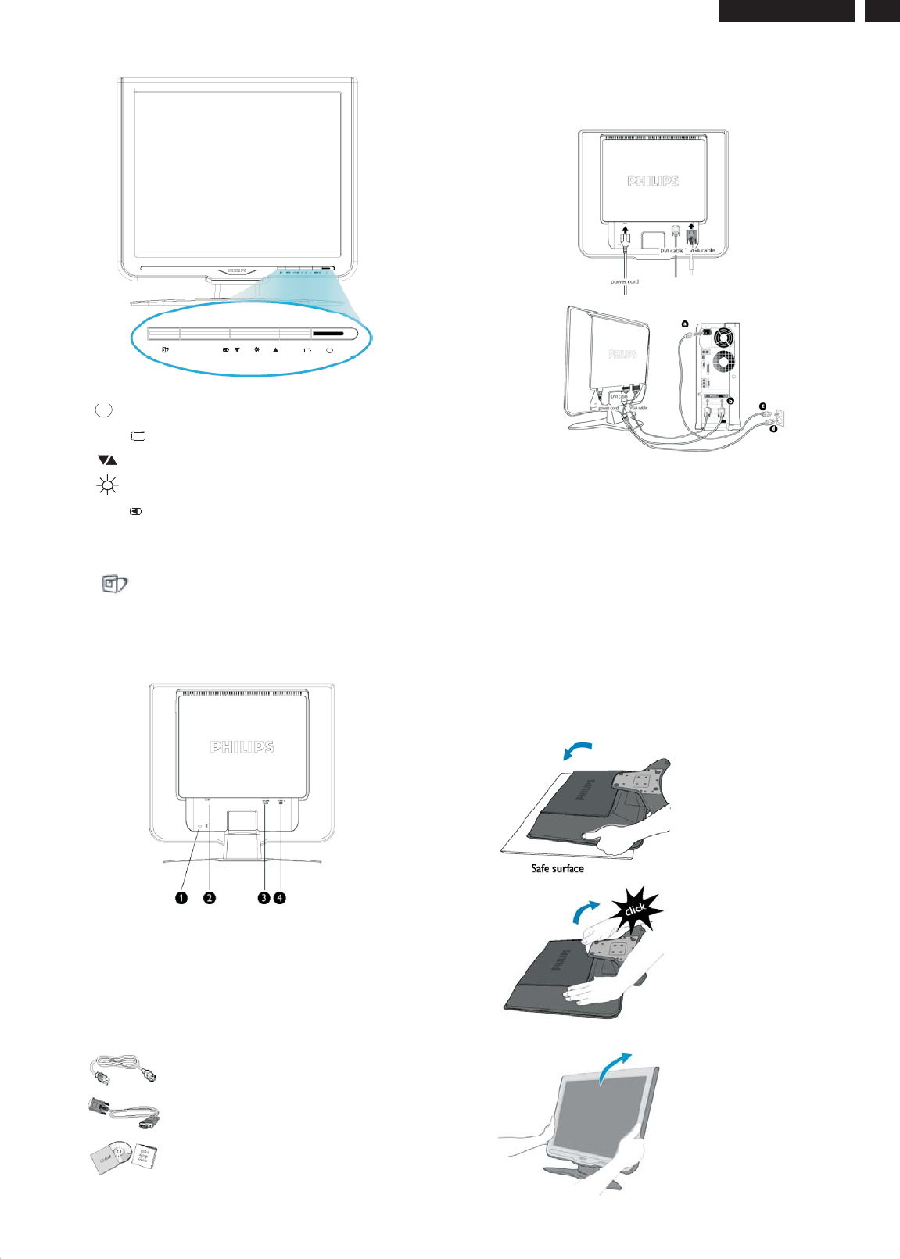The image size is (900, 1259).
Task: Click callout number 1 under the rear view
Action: [181, 898]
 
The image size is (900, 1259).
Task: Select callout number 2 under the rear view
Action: [210, 898]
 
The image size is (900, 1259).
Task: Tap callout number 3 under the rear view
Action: [264, 898]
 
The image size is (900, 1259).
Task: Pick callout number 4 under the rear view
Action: [280, 898]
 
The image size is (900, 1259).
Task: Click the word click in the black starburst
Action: [635, 910]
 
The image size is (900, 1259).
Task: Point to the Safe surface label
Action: [558, 868]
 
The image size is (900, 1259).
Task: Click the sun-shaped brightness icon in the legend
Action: [107, 485]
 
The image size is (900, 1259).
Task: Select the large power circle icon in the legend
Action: [103, 410]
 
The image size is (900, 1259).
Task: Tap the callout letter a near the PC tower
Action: [685, 324]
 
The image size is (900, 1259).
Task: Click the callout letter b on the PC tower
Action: [730, 400]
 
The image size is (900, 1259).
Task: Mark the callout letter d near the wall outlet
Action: [773, 427]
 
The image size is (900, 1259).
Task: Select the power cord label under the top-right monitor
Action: [624, 281]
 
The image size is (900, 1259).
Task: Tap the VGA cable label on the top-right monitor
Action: [702, 250]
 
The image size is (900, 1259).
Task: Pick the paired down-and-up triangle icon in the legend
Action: [107, 460]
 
